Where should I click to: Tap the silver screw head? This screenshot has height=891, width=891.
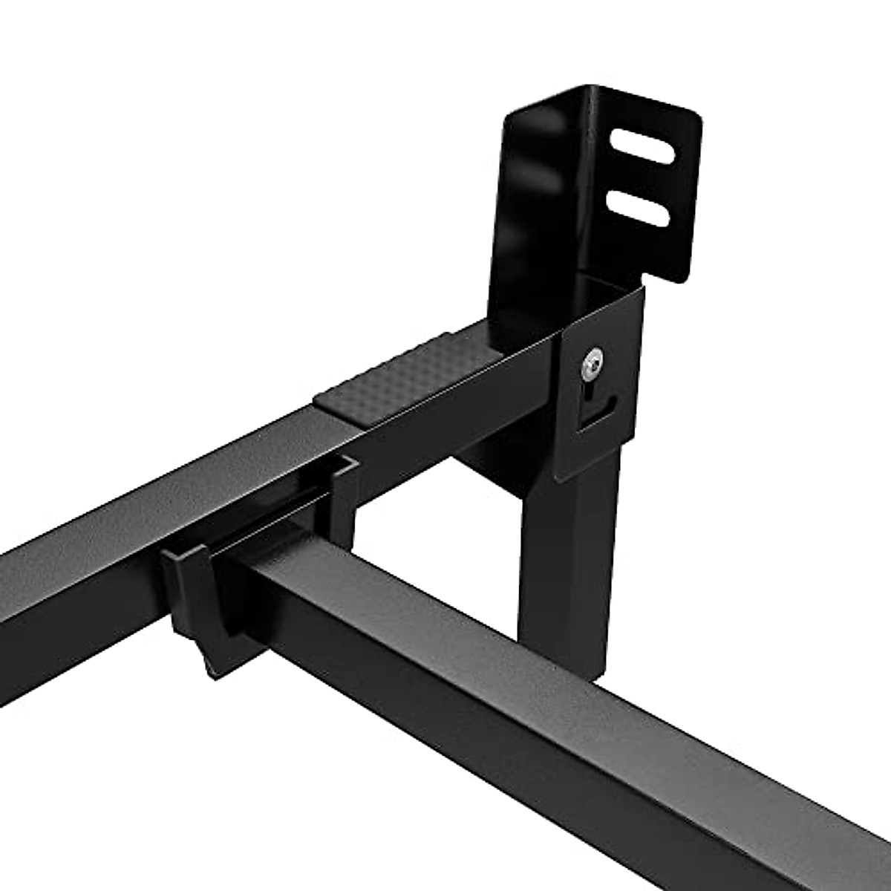click(592, 365)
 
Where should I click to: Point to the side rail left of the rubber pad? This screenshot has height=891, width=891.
click(148, 505)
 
